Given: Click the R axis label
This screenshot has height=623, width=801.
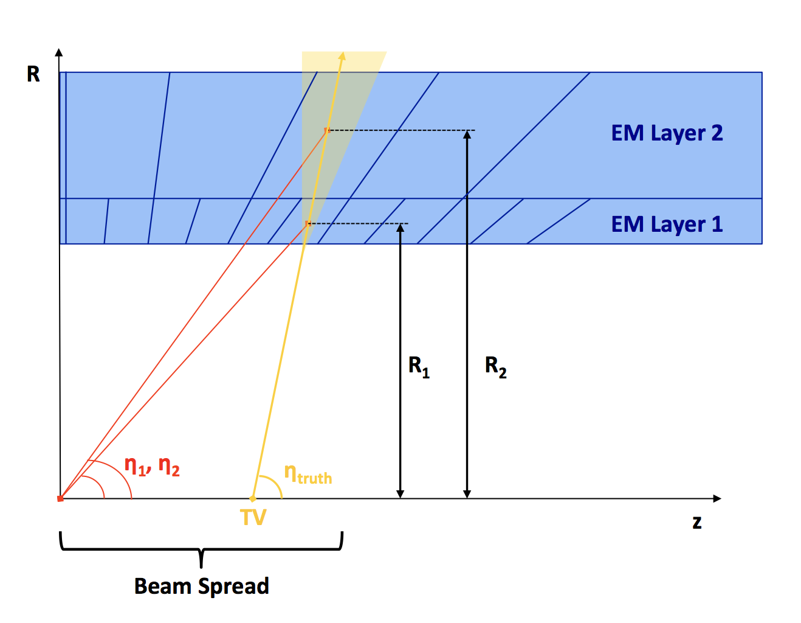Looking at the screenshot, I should tap(33, 74).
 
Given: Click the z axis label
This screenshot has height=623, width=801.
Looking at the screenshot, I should tap(696, 522).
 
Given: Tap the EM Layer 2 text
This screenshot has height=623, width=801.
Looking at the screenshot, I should tap(667, 133).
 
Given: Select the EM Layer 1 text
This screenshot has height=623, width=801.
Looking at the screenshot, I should tap(667, 224).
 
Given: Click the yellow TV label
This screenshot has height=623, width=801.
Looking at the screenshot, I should tap(253, 518).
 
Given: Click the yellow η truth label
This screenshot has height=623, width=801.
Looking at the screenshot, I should tap(308, 474).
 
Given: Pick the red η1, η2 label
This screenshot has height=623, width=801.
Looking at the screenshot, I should tap(152, 466).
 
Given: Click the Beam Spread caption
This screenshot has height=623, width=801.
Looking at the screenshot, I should tap(201, 586).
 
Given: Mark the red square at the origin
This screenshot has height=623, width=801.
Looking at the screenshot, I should tap(60, 499).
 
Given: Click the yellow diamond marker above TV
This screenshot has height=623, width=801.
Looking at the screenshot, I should tap(253, 499).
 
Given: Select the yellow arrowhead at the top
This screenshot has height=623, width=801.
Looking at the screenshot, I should tap(342, 56).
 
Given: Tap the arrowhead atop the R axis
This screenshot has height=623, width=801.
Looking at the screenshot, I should tap(59, 52).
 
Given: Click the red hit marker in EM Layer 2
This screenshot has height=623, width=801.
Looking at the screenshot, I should tap(327, 130).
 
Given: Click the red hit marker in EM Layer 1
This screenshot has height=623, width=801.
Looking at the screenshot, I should tap(308, 224).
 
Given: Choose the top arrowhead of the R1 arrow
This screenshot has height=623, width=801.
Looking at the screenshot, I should tap(400, 228).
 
